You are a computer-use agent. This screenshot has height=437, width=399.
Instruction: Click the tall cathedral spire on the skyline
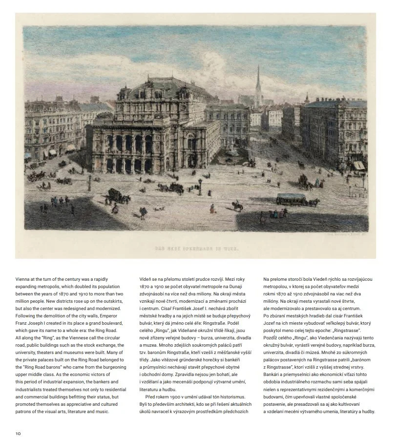click(258, 83)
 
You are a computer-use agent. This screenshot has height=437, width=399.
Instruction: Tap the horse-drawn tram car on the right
click(292, 199)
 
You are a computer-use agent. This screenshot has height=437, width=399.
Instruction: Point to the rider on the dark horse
click(238, 205)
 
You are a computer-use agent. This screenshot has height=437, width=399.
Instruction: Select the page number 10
click(18, 433)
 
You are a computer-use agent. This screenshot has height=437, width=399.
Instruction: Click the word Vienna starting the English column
click(23, 279)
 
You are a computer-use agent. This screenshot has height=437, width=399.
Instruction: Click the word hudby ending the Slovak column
click(367, 411)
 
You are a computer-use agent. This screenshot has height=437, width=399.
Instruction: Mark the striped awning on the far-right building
click(359, 165)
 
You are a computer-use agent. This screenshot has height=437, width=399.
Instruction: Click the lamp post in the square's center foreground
click(200, 186)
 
